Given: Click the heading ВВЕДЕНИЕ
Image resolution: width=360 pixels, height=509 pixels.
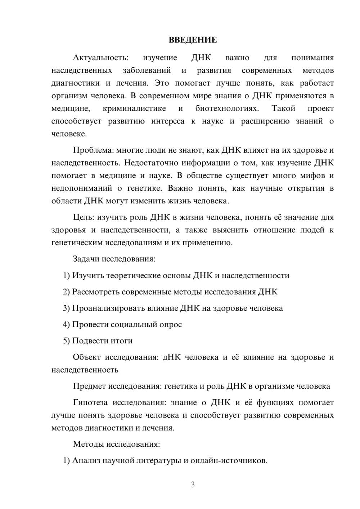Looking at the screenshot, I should click(193, 40).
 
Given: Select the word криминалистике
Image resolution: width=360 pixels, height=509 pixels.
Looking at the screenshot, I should click(134, 108).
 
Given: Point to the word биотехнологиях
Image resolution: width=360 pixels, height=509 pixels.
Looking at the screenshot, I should click(226, 108).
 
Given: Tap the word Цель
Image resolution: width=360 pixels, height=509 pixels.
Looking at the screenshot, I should click(83, 217).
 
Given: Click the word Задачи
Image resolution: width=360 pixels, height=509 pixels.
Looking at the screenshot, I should click(86, 259).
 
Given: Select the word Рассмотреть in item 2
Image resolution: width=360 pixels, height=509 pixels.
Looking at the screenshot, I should click(96, 292).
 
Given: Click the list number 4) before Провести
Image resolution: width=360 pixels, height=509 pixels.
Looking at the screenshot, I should click(66, 324).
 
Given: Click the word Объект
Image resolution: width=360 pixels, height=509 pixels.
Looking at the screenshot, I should click(86, 357).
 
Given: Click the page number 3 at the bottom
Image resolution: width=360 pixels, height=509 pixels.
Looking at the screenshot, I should click(193, 485).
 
